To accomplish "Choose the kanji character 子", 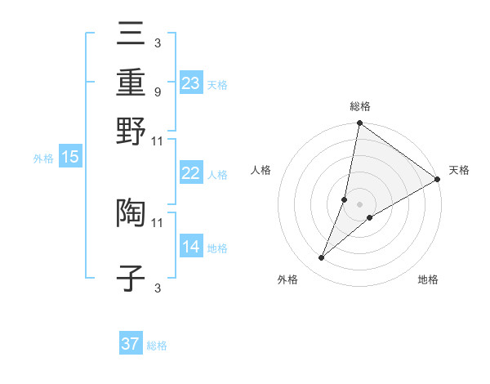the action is point(131,279).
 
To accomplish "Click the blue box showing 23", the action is point(191,83).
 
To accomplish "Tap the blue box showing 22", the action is point(191,173).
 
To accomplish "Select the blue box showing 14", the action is point(191,247).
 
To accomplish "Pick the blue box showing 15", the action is point(70,158).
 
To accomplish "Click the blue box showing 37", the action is point(131,344).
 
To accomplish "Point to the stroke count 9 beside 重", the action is point(157,92).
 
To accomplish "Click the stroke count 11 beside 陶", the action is point(158,221).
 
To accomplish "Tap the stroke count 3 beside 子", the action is point(157,288).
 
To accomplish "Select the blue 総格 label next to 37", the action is point(157,346).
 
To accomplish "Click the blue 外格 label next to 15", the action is point(43,159).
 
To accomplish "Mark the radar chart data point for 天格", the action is point(438,180).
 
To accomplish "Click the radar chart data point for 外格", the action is point(322,258).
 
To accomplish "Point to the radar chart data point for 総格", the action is point(359,124).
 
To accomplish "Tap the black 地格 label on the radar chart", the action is point(428,280).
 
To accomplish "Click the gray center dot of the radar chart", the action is point(359,204).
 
